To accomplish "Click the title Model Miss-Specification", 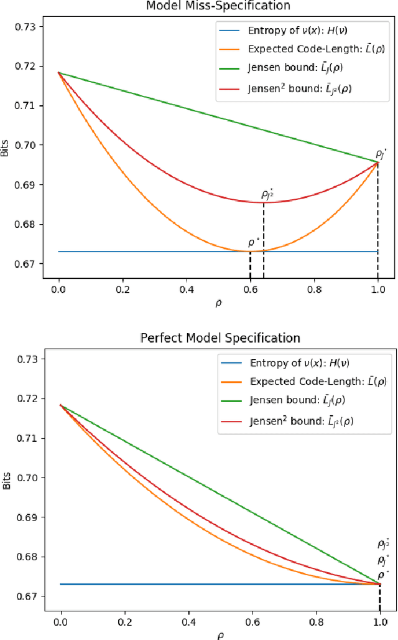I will pyautogui.click(x=218, y=6).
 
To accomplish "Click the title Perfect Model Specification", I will pyautogui.click(x=220, y=338).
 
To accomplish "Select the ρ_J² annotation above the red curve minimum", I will pyautogui.click(x=267, y=195).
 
